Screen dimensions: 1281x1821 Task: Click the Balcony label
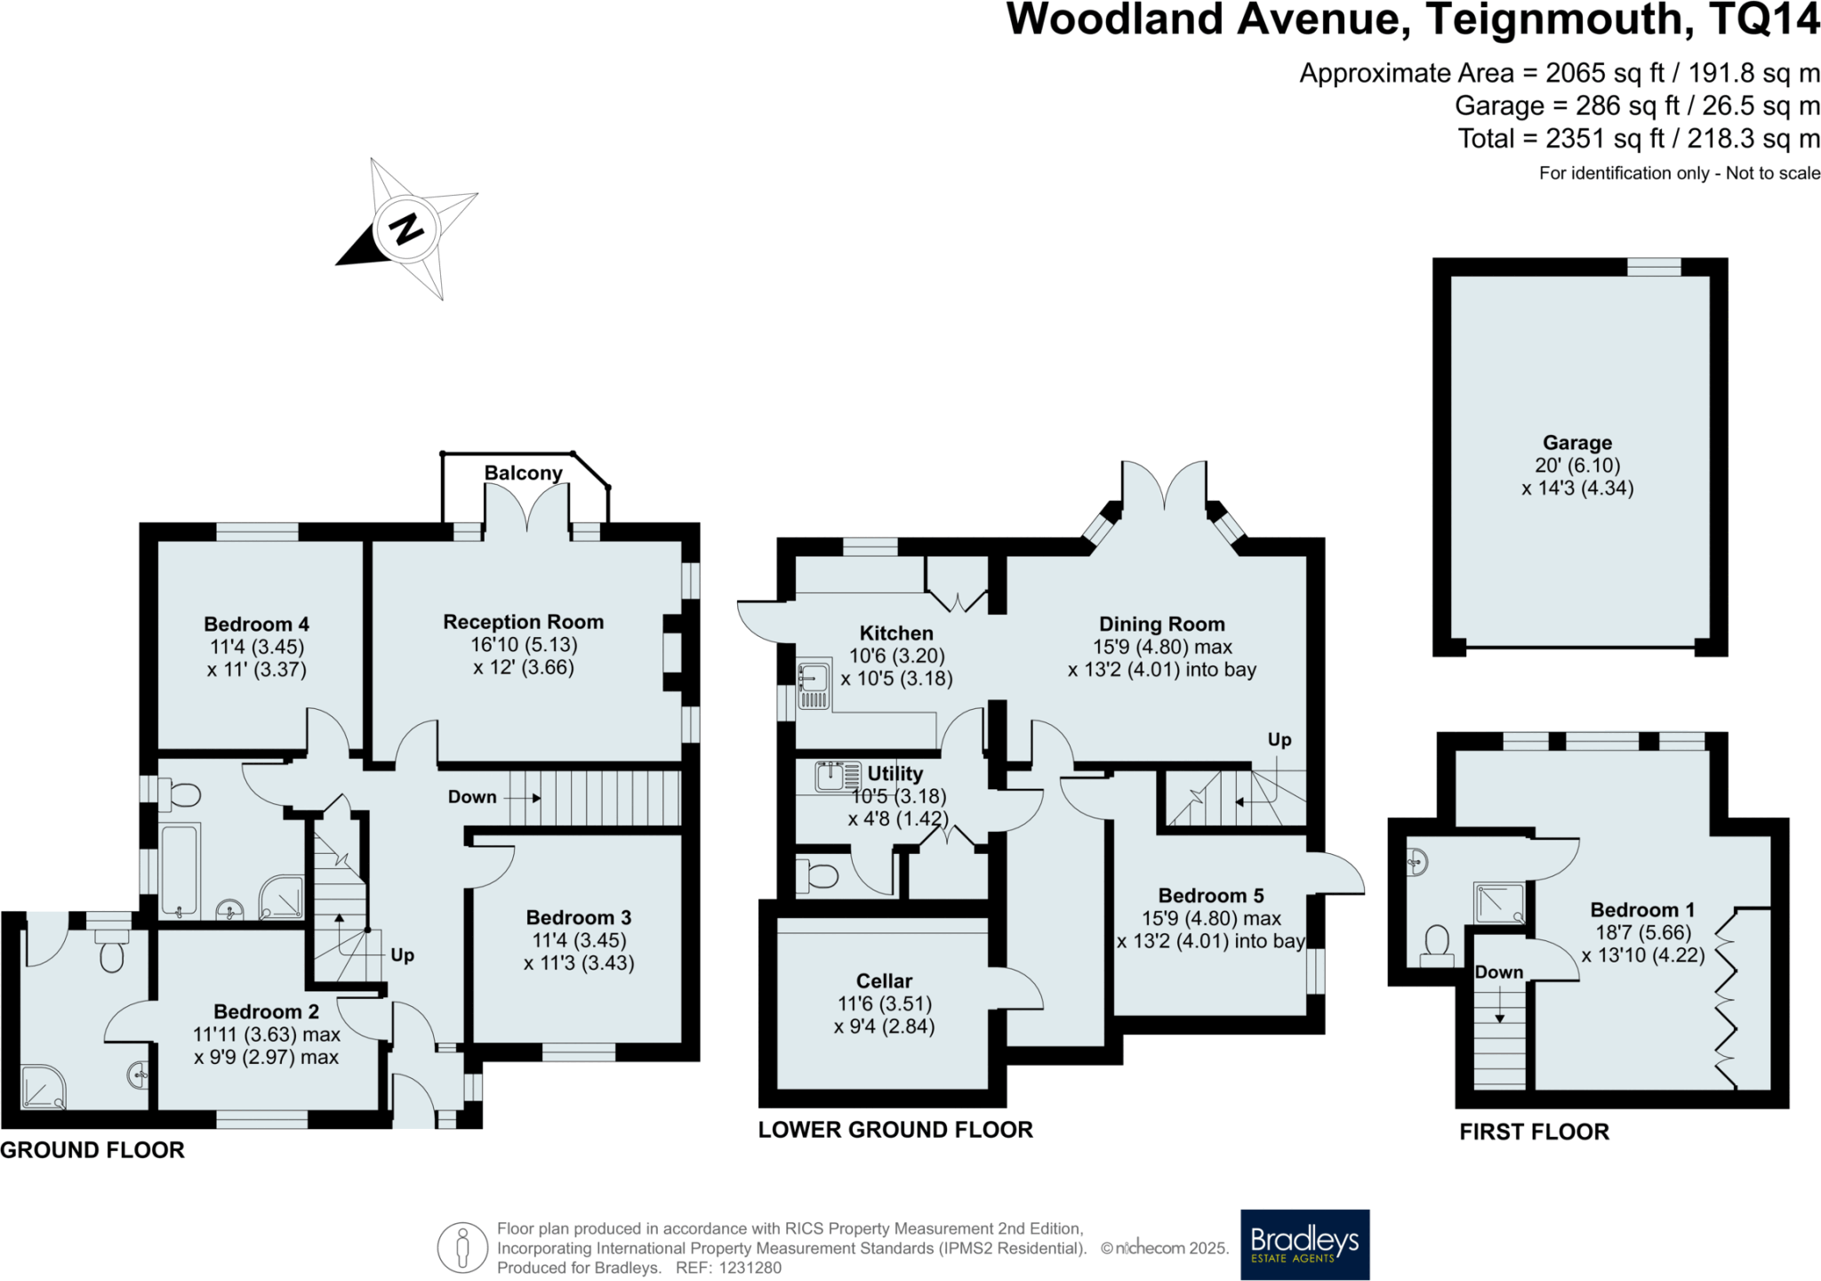click(523, 472)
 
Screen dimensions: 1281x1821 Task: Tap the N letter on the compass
click(407, 230)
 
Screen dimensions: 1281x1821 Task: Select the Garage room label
click(1576, 442)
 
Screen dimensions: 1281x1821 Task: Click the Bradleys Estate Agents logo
click(1304, 1244)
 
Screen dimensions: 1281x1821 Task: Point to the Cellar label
click(884, 980)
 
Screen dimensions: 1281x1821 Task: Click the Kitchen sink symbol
click(813, 684)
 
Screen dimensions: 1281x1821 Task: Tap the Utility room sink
click(838, 776)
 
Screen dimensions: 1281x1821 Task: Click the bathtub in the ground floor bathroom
click(180, 870)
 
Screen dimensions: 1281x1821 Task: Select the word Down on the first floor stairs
click(1499, 972)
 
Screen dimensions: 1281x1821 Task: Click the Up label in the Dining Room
click(1279, 739)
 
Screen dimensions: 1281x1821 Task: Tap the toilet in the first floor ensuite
click(1437, 946)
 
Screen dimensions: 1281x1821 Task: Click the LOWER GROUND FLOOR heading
click(895, 1130)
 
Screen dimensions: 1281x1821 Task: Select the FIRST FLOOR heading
click(1534, 1132)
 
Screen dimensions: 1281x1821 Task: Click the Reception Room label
click(523, 622)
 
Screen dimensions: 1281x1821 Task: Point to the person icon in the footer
click(461, 1247)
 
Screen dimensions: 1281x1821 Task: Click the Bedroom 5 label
click(1210, 895)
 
